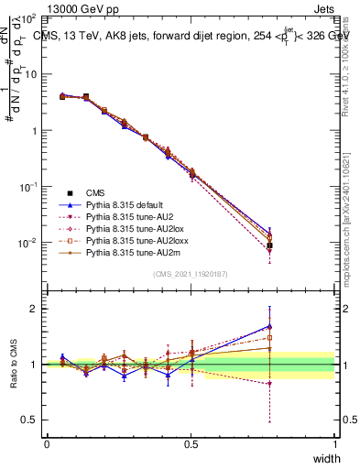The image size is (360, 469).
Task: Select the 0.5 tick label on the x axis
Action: (191, 443)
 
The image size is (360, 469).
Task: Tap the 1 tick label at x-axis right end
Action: (334, 443)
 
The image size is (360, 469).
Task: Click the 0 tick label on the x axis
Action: (47, 443)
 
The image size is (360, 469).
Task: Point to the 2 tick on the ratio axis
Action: (32, 309)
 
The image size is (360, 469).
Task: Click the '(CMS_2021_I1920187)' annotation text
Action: (191, 275)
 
